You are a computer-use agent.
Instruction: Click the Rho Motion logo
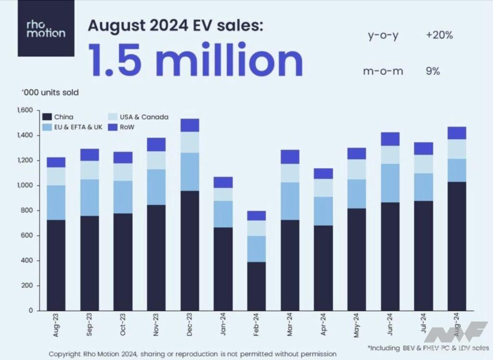pyautogui.click(x=46, y=29)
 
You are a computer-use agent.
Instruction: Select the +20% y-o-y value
pyautogui.click(x=439, y=35)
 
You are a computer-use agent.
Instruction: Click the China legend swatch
pyautogui.click(x=47, y=116)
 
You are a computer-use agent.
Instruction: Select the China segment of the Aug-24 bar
pyautogui.click(x=456, y=245)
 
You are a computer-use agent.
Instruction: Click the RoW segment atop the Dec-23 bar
pyautogui.click(x=190, y=125)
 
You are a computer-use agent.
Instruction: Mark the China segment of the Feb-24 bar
pyautogui.click(x=257, y=286)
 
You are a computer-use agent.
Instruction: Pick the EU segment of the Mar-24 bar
pyautogui.click(x=290, y=201)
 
